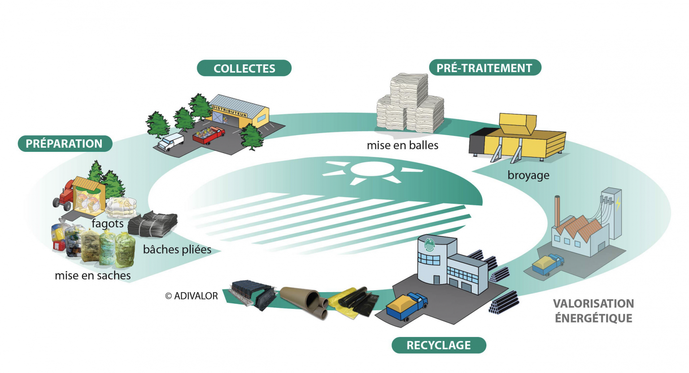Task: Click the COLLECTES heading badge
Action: coord(244,68)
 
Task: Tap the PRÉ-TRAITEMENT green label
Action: coord(485,68)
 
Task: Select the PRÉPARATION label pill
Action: coord(65,144)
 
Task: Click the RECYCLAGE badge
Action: coord(439,345)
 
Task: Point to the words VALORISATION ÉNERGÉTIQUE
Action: coord(593,311)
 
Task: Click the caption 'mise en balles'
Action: coord(403,145)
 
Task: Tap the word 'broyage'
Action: coord(528,175)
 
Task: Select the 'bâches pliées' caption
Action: coord(177,249)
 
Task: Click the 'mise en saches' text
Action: coord(92,276)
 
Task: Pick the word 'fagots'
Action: coord(108,224)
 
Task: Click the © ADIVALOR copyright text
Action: coord(192,296)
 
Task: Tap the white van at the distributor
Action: coord(171,142)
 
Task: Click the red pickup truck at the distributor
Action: coord(209,135)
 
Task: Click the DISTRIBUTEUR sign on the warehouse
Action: coord(230,111)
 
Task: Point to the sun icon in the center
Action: coord(372,172)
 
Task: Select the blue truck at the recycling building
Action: coord(407,306)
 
